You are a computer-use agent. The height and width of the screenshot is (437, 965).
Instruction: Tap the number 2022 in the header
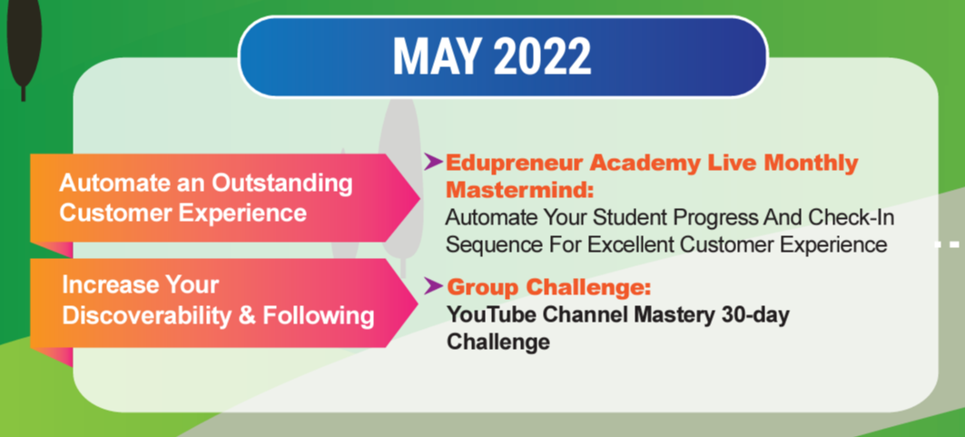(542, 56)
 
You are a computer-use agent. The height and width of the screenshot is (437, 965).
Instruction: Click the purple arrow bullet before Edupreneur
(433, 162)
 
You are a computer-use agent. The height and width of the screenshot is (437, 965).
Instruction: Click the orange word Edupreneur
(514, 164)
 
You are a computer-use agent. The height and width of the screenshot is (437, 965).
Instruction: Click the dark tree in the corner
(24, 43)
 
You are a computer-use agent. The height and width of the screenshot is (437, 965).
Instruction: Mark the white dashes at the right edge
(949, 245)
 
